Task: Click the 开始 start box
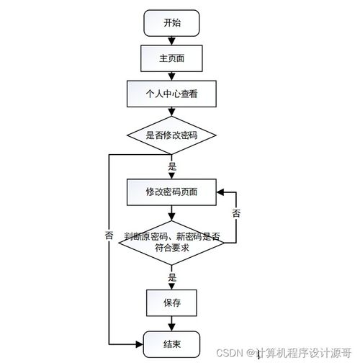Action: pyautogui.click(x=171, y=23)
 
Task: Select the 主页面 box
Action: pyautogui.click(x=171, y=58)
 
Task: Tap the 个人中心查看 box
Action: pyautogui.click(x=171, y=93)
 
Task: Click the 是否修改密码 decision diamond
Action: pyautogui.click(x=171, y=135)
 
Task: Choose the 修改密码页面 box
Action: pyautogui.click(x=171, y=192)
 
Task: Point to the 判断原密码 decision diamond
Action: pyautogui.click(x=171, y=242)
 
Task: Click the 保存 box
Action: pyautogui.click(x=171, y=303)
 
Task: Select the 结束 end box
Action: pyautogui.click(x=171, y=344)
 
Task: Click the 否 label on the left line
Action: pyautogui.click(x=109, y=236)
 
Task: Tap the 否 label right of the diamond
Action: pyautogui.click(x=236, y=213)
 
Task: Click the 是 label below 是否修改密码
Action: pyautogui.click(x=171, y=166)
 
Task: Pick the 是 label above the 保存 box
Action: pyautogui.click(x=171, y=277)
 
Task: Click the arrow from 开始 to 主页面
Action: pyautogui.click(x=171, y=40)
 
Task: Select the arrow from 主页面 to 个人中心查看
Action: pyautogui.click(x=171, y=75)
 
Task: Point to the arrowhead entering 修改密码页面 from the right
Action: pyautogui.click(x=220, y=192)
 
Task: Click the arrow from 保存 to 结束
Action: pyautogui.click(x=171, y=323)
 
